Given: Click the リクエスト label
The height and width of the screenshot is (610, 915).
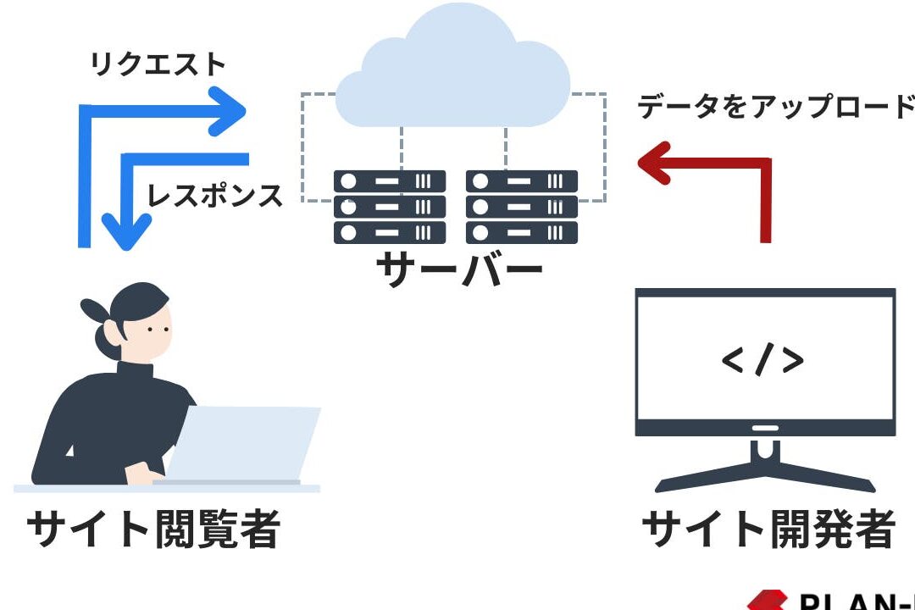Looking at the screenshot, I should (158, 65).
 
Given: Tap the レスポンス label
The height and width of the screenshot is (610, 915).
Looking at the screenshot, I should (215, 196).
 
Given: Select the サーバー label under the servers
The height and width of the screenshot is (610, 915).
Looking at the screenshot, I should (458, 270).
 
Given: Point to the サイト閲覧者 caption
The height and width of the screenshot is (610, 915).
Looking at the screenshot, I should (153, 529).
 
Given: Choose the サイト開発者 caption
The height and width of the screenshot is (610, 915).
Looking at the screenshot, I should (768, 529).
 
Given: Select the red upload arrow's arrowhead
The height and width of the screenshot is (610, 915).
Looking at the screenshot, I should (654, 163).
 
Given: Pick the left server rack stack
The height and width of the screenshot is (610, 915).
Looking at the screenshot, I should (390, 207).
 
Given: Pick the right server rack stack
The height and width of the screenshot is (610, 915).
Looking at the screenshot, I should (521, 207).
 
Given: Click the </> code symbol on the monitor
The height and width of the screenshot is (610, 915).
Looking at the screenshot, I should (762, 360).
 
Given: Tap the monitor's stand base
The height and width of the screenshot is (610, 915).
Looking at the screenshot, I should (765, 480).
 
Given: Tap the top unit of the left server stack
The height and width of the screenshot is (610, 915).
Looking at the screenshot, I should (390, 181).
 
